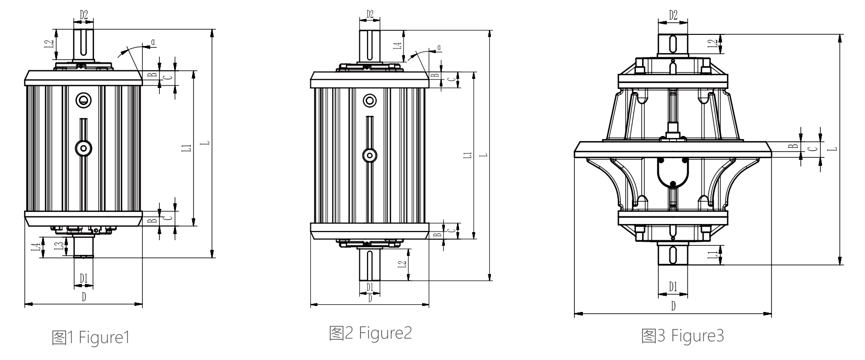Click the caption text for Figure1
[91, 337]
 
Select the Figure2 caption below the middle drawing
[370, 333]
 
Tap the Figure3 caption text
[682, 336]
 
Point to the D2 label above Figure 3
[673, 16]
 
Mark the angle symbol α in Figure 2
[439, 48]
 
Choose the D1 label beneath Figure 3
[673, 287]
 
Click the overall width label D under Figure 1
[83, 297]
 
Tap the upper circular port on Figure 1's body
[83, 99]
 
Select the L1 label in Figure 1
[187, 148]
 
